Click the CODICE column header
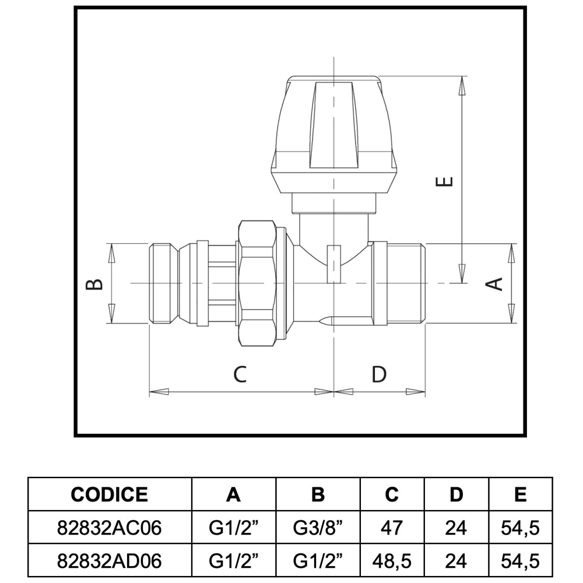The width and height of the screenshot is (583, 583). (x=110, y=494)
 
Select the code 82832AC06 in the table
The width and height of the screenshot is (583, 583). (x=110, y=528)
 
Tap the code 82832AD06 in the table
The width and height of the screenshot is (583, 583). (x=110, y=561)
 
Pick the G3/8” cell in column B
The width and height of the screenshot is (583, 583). (x=318, y=528)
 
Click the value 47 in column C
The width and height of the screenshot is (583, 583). (x=392, y=528)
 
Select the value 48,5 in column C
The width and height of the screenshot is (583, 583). (x=392, y=561)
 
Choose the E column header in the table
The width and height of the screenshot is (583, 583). (x=521, y=494)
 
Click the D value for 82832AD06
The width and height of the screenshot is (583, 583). (x=456, y=561)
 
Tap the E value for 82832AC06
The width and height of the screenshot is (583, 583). (x=520, y=528)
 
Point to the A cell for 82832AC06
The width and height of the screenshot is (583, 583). (x=234, y=528)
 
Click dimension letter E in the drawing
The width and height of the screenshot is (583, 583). (x=446, y=181)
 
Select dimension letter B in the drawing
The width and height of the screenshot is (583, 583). (x=94, y=284)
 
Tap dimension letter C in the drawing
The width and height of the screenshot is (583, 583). (x=240, y=374)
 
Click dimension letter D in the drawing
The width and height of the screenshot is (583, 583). (x=379, y=374)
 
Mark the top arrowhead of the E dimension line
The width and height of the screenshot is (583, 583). (x=462, y=86)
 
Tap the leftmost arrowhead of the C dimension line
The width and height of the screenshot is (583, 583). (x=159, y=392)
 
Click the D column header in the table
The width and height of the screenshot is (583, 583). (x=456, y=494)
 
